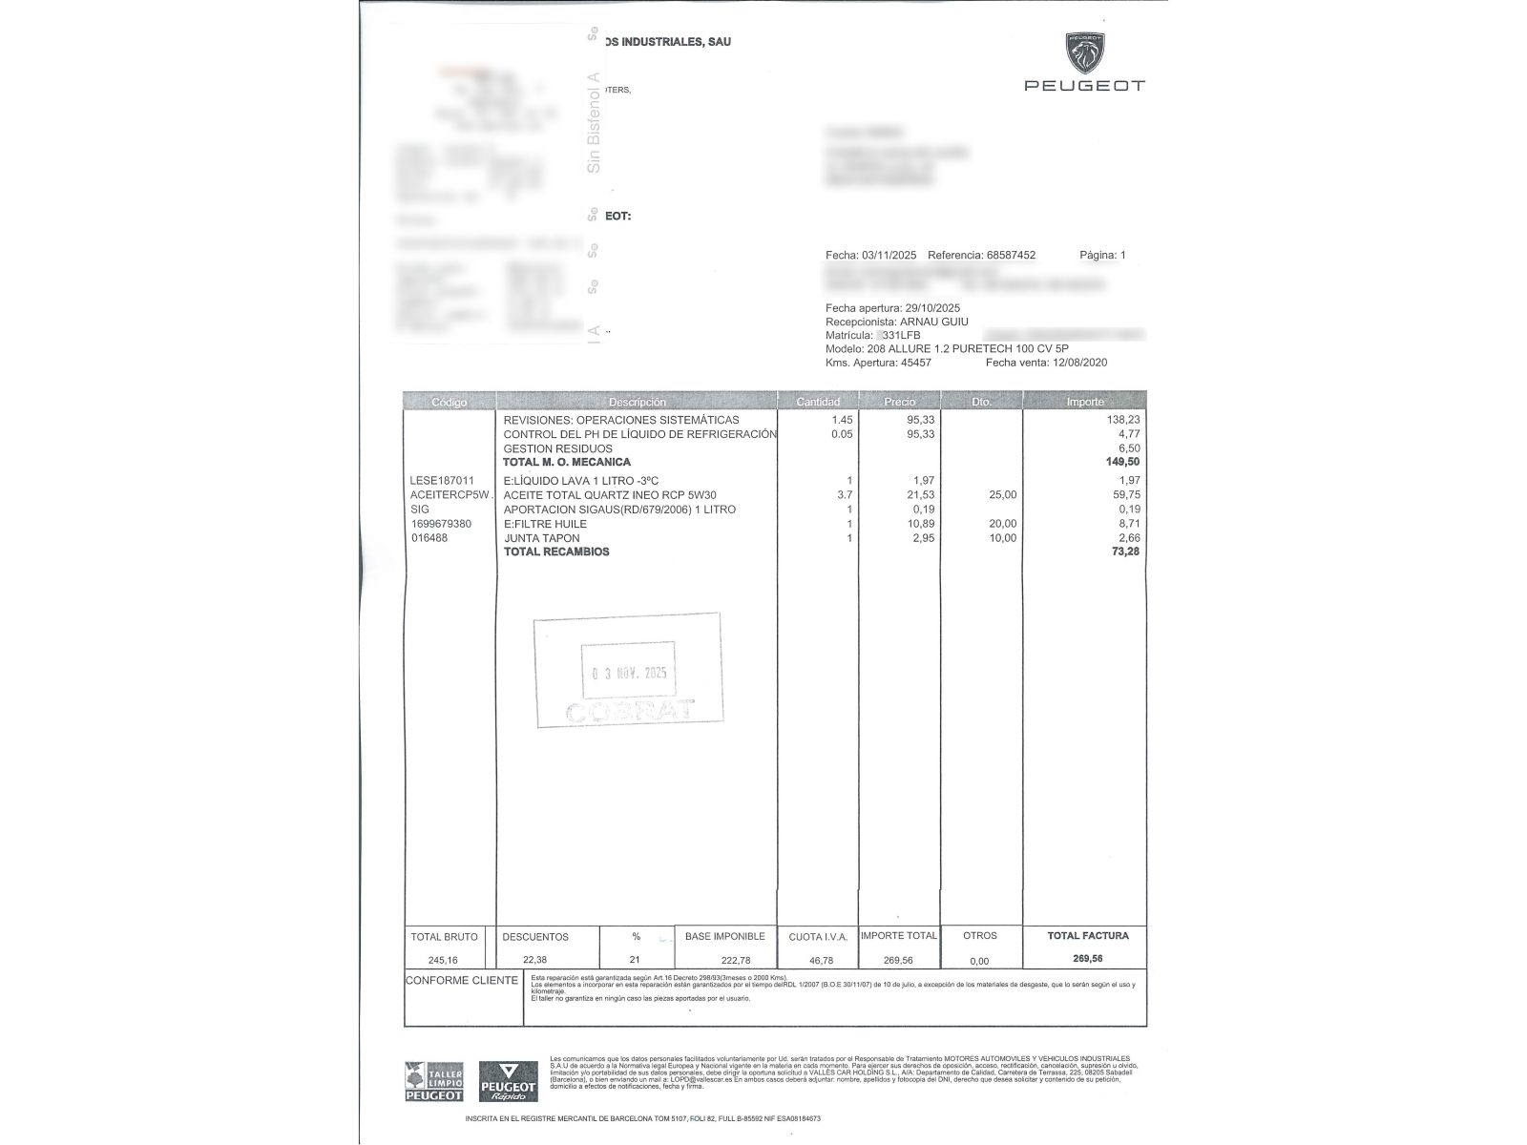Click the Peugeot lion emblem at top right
(x=1085, y=53)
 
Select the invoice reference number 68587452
(x=1011, y=256)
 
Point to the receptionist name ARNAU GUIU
(x=934, y=322)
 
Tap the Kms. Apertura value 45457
(x=915, y=363)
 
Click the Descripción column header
(x=637, y=402)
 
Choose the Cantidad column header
(x=818, y=402)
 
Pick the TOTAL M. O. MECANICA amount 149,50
(x=1122, y=462)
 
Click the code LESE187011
(x=442, y=481)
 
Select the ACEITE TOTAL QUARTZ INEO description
(x=610, y=495)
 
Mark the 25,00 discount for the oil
(x=1003, y=495)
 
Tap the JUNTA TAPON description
(x=541, y=538)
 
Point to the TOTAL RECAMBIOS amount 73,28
(x=1125, y=552)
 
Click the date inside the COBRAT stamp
(x=629, y=673)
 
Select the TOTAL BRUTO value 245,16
(x=444, y=960)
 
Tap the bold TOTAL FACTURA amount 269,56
(x=1088, y=959)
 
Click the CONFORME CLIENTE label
(x=462, y=981)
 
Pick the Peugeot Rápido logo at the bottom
(x=508, y=1082)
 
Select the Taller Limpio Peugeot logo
(x=434, y=1082)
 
